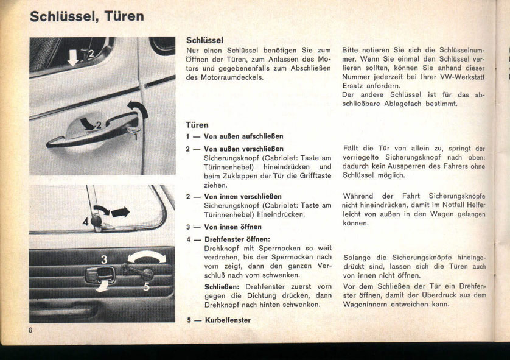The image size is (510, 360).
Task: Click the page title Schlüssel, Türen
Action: pos(86,16)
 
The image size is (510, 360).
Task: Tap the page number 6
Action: pos(30,330)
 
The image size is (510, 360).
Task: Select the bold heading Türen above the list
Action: pos(197,125)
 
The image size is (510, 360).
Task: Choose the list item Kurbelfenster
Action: pos(227,320)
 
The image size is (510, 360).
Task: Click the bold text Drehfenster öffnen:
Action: pos(237,239)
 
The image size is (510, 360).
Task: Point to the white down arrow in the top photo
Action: pos(72,57)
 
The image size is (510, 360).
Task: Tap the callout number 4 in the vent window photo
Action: pos(85,222)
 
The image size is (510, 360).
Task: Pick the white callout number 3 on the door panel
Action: pos(103,260)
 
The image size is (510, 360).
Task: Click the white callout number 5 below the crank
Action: pos(145,287)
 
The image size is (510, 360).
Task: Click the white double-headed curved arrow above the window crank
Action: pos(147,256)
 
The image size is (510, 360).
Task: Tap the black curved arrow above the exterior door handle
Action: pos(141,110)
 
